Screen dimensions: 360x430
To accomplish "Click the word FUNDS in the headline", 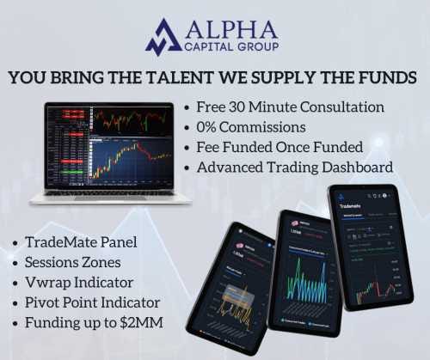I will coord(388,77).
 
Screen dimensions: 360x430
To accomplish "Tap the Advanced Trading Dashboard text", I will coord(295,167).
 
